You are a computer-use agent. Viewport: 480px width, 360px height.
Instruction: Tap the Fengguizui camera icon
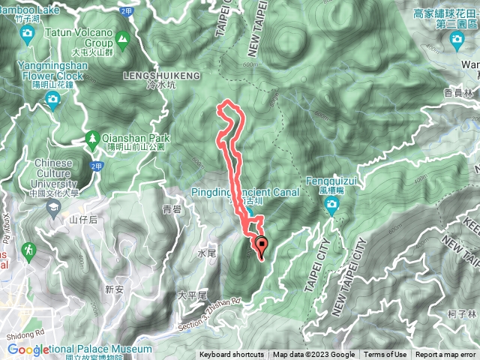coord(332,209)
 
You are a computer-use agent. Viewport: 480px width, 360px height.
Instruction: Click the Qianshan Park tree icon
coord(92,137)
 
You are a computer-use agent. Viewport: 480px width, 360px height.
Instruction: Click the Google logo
coord(28,349)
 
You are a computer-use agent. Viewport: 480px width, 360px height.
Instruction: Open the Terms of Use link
coord(385,355)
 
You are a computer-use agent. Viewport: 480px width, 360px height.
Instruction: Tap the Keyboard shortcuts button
coord(232,355)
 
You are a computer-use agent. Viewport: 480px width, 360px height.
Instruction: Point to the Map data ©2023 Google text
coord(313,355)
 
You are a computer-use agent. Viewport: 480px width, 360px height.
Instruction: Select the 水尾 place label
coord(207,253)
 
